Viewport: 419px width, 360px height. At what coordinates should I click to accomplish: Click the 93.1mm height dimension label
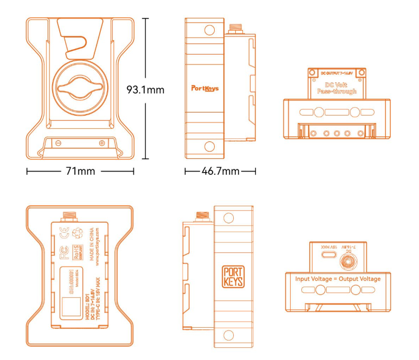pyautogui.click(x=146, y=90)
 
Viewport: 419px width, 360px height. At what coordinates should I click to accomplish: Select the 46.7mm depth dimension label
pyautogui.click(x=220, y=172)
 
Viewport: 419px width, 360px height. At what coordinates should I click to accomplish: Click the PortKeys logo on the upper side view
pyautogui.click(x=205, y=89)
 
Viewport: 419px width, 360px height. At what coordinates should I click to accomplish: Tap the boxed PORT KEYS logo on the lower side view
pyautogui.click(x=233, y=276)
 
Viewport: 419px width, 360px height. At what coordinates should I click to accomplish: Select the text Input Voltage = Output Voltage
pyautogui.click(x=338, y=279)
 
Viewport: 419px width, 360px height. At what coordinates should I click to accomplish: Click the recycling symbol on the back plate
pyautogui.click(x=79, y=231)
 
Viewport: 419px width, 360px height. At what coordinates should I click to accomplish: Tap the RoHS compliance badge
pyautogui.click(x=78, y=249)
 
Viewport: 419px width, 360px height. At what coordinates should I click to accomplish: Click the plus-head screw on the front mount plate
pyautogui.click(x=101, y=143)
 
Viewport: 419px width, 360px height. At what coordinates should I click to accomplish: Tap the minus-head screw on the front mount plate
pyautogui.click(x=58, y=143)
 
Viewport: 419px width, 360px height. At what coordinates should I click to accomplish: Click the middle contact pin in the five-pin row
pyautogui.click(x=337, y=133)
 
